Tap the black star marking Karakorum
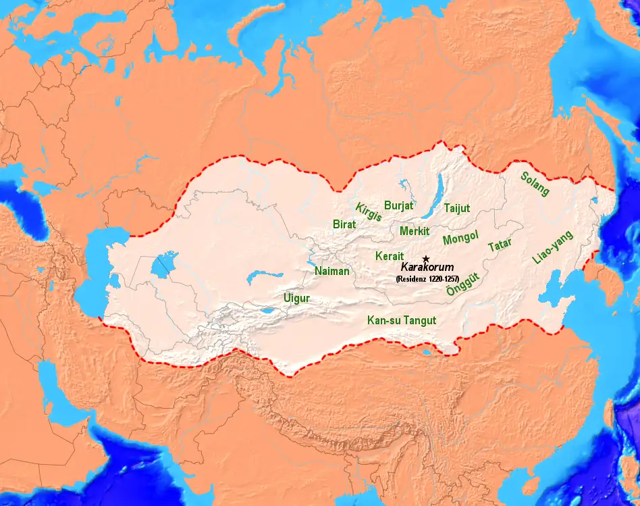coord(425,259)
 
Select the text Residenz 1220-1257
coord(428,278)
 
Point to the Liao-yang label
coord(552,247)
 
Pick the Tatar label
coord(500,245)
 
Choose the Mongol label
coord(460,238)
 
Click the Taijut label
coord(456,209)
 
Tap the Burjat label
coord(399,205)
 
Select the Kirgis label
coord(369,212)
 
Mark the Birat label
coord(345,224)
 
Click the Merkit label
coord(415,230)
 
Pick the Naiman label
coord(332,272)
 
